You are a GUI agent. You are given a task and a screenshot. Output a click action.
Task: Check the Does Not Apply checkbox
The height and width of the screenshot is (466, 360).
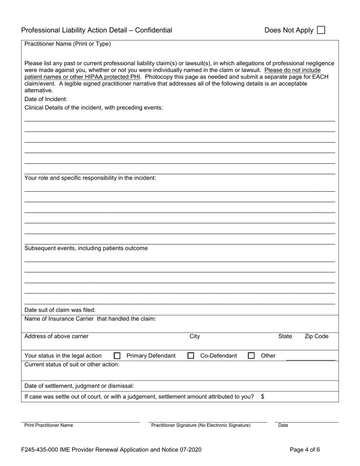[x=321, y=30]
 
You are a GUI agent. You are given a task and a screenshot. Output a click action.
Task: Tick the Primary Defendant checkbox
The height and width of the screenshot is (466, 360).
[x=117, y=356]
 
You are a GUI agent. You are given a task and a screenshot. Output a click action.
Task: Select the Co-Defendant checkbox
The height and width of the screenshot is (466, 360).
[x=191, y=356]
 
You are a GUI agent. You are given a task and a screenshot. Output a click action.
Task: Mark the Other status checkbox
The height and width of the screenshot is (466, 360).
[x=251, y=356]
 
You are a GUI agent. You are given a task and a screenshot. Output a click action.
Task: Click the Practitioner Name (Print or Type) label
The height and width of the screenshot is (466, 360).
[x=67, y=44]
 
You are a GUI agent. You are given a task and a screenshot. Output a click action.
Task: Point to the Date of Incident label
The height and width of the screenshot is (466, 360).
[x=46, y=99]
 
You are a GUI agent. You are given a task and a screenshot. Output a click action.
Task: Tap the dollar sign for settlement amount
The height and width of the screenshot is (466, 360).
[x=263, y=397]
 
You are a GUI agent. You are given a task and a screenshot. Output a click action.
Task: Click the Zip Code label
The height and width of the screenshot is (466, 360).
[x=316, y=336]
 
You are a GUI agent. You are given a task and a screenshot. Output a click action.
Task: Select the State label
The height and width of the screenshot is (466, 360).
[x=285, y=336]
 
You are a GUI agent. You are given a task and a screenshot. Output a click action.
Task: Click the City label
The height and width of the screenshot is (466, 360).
[x=194, y=336]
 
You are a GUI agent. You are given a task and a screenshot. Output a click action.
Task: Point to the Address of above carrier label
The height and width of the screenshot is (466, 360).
[x=56, y=336]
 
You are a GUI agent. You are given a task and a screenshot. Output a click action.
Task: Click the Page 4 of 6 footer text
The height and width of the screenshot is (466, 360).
[x=305, y=450]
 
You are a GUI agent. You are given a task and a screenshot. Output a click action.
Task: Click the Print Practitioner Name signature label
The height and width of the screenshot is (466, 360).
[x=49, y=425]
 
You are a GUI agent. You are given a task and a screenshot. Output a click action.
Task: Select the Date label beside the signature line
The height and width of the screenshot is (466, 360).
[x=283, y=425]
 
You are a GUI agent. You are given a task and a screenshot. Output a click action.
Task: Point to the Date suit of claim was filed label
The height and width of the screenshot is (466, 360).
[x=60, y=310]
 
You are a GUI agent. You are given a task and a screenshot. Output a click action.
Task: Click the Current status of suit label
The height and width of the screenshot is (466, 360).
[x=72, y=364]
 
